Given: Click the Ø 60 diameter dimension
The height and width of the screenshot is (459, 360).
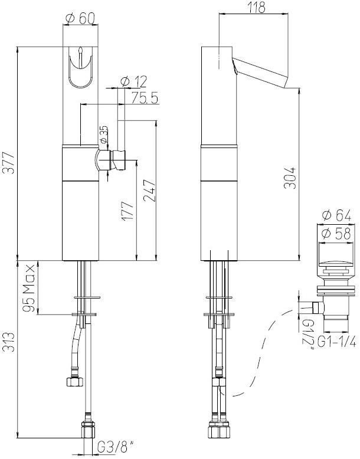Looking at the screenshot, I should point(80,18).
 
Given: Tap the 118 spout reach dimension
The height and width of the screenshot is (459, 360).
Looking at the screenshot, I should point(256,7).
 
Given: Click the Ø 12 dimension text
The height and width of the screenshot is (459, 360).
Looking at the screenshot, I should point(133,81).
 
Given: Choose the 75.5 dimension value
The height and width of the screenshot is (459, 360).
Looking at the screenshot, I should point(145,99).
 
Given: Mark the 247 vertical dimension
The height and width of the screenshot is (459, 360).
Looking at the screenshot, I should point(150,190).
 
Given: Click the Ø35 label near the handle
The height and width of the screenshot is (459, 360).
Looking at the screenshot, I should point(103,135).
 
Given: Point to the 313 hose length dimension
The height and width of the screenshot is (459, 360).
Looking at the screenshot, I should point(8,356).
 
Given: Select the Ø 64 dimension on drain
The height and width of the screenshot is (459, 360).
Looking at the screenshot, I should point(338,215).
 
